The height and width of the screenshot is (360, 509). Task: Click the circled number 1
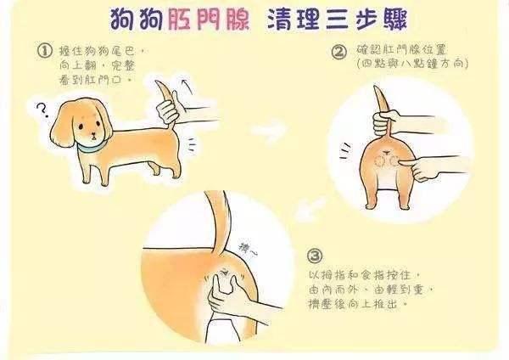[45, 51]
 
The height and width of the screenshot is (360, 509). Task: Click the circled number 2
[339, 52]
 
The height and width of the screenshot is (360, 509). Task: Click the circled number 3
[315, 256]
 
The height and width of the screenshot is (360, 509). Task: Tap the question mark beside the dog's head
[42, 110]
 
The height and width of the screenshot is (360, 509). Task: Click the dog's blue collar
[90, 148]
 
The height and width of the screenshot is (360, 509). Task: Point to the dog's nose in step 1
[93, 134]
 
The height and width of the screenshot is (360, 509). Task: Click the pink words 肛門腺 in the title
[209, 19]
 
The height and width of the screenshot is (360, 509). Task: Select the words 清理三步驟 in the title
[337, 19]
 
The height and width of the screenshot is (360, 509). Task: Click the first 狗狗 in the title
[137, 19]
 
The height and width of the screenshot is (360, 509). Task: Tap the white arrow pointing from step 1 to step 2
[269, 130]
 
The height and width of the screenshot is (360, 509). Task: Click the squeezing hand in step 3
[227, 295]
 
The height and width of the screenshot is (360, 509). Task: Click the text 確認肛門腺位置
[401, 50]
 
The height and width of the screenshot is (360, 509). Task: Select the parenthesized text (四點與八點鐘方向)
[412, 64]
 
